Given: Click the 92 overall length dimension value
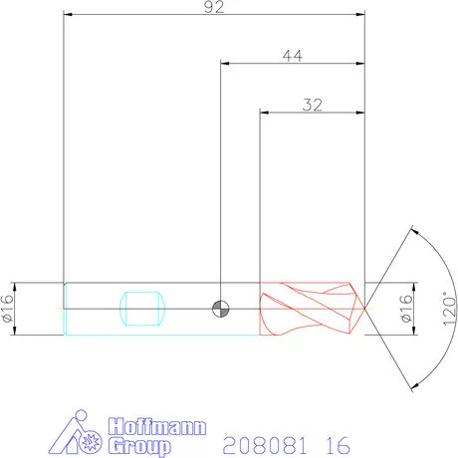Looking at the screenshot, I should pos(213,8).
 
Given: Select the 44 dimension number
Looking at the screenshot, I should pos(292,56).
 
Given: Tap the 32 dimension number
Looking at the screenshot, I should pos(312,103).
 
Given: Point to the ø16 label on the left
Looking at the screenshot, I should pos(8,309).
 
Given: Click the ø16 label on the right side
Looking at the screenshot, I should pos(405,309).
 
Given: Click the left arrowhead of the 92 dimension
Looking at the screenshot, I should pos(68,17).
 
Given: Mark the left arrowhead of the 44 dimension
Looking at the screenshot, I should pos(225,65).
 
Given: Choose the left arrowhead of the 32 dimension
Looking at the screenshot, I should pos(264,112).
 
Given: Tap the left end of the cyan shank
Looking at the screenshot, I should pos(65,309).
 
